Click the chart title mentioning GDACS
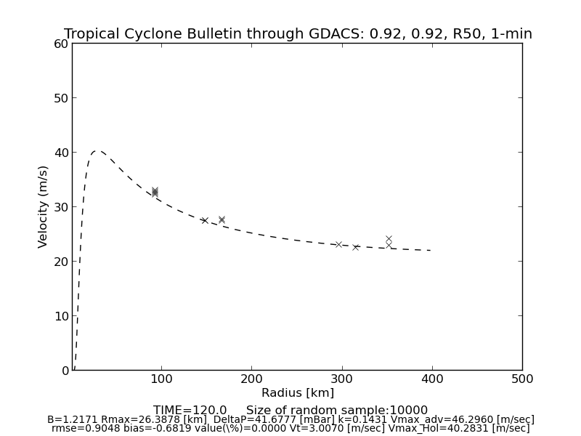[x=298, y=34]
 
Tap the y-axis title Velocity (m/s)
[x=44, y=206]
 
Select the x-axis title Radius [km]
[x=298, y=393]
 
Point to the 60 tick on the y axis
[x=61, y=44]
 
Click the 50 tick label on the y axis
[x=61, y=98]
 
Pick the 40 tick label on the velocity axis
[x=61, y=153]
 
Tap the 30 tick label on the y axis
[x=61, y=207]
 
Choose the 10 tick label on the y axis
[x=61, y=316]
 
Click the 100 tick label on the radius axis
[x=161, y=379]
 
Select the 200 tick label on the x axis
[x=251, y=379]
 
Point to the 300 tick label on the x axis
[x=341, y=379]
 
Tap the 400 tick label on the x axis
[x=432, y=379]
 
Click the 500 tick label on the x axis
[x=522, y=379]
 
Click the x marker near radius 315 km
[x=356, y=247]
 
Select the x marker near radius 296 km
[x=338, y=244]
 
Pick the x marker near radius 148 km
[x=205, y=220]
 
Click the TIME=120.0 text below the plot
[x=190, y=411]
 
